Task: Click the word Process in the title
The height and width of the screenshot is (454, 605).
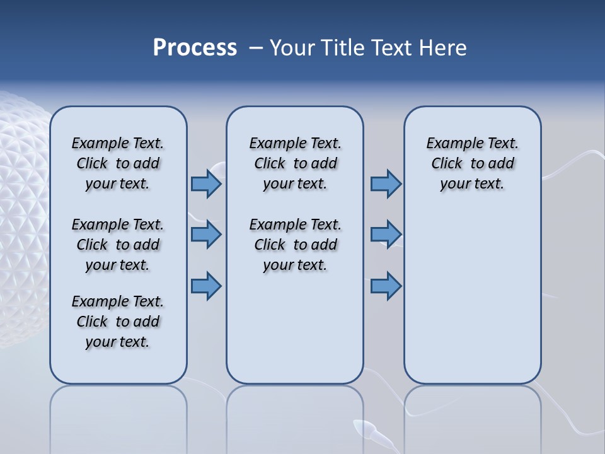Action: [x=195, y=48]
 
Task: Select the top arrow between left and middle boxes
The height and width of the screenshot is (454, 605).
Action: [x=206, y=183]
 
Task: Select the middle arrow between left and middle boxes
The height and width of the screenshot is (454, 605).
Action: [x=206, y=235]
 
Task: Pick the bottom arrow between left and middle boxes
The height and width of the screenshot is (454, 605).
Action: [x=206, y=286]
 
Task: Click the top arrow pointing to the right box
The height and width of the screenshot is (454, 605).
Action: [x=386, y=183]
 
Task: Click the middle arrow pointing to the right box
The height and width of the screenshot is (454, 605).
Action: [x=386, y=235]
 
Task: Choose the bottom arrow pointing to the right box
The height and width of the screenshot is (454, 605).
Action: [x=386, y=286]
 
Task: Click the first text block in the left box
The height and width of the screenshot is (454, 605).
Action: [x=118, y=163]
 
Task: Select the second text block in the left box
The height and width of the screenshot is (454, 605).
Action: [x=118, y=245]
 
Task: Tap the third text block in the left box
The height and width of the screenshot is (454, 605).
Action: [x=118, y=322]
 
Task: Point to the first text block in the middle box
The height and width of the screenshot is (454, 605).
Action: [x=295, y=163]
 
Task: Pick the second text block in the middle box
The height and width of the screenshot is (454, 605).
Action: [x=295, y=245]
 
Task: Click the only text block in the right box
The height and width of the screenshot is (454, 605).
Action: [x=472, y=163]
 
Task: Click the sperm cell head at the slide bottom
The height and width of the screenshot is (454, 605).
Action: [x=365, y=429]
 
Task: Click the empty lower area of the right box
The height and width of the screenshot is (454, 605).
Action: [x=472, y=303]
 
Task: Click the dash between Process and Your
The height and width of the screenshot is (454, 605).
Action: [x=256, y=49]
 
